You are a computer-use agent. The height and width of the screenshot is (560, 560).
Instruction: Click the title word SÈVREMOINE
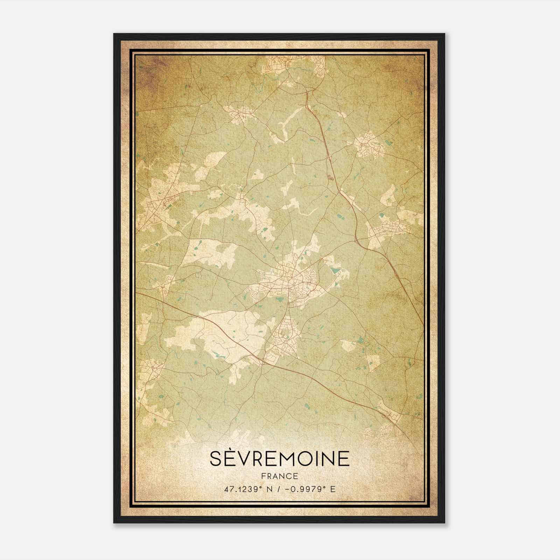click(280, 458)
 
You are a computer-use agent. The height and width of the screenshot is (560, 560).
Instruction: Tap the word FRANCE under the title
click(279, 476)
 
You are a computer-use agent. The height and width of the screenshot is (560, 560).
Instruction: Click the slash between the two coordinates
click(278, 489)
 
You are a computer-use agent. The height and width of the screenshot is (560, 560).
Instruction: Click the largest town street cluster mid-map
click(287, 280)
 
